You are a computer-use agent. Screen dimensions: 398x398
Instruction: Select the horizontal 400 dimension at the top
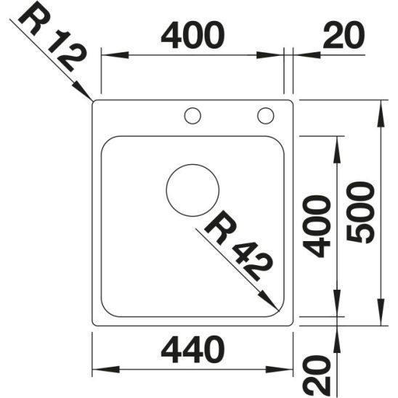[192, 35]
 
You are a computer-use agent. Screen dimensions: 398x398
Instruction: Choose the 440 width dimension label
[191, 351]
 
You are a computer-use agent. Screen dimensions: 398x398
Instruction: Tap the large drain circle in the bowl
[192, 190]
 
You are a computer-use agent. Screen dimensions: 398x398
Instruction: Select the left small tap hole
[192, 115]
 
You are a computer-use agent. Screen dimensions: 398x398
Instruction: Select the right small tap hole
[265, 115]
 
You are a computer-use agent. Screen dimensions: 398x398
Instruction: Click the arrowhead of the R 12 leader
[88, 96]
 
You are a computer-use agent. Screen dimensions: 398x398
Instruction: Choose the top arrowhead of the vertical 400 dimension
[336, 142]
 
